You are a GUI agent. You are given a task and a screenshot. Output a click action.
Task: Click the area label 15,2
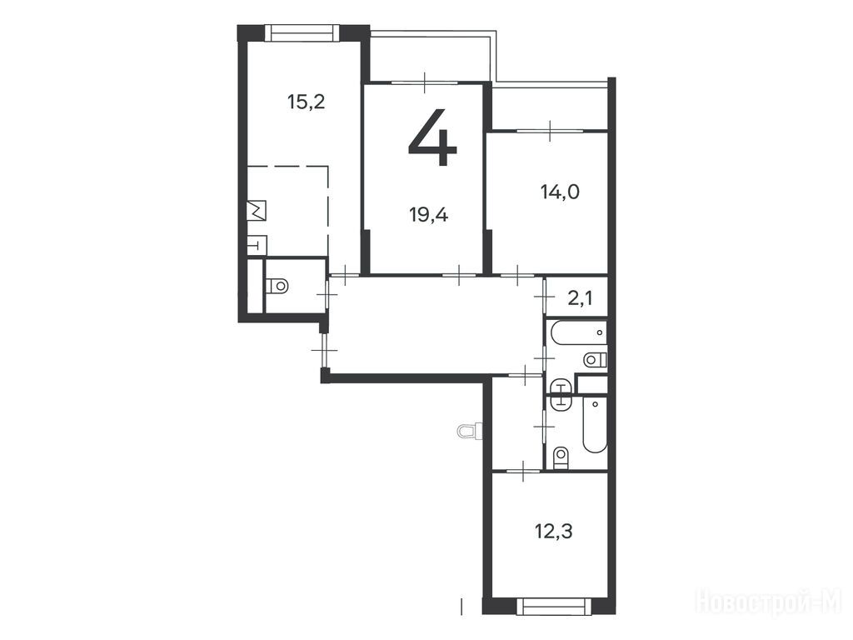tap(307, 102)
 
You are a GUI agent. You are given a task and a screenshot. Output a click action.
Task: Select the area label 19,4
tap(429, 215)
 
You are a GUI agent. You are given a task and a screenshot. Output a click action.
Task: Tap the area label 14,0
tap(560, 192)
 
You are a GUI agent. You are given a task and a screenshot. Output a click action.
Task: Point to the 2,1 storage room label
tap(580, 298)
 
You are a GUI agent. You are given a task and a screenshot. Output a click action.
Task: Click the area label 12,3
tap(553, 531)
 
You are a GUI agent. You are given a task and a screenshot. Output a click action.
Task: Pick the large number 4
tap(432, 137)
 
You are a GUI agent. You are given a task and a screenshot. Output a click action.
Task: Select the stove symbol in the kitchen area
tap(257, 210)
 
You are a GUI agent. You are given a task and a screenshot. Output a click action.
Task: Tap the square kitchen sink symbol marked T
tap(257, 246)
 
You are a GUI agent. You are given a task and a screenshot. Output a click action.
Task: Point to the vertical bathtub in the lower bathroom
tap(595, 424)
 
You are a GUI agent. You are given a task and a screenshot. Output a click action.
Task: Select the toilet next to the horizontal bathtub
tap(595, 360)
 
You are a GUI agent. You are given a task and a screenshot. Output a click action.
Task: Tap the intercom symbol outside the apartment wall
tap(468, 432)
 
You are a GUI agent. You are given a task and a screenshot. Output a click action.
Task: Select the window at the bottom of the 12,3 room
tap(553, 606)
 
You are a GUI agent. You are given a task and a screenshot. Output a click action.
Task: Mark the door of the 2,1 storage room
tap(545, 297)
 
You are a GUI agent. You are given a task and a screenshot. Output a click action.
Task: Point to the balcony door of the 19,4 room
tap(425, 82)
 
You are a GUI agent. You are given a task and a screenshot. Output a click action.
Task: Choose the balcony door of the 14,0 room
tap(550, 130)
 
